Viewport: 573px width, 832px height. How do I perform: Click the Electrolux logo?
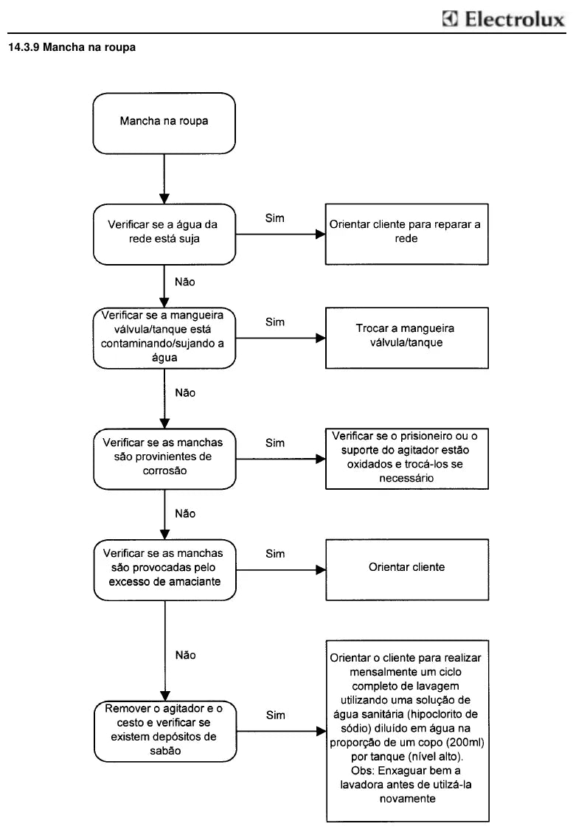[504, 19]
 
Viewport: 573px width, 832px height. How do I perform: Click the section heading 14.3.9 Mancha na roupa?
[72, 47]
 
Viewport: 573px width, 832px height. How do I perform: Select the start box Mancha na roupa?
[164, 124]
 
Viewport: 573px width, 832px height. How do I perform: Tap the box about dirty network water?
[164, 234]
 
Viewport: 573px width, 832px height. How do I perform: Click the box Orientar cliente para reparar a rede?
[406, 234]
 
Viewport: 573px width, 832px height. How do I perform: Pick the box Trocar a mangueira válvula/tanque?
[406, 338]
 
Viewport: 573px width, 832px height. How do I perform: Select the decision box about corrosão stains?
[164, 459]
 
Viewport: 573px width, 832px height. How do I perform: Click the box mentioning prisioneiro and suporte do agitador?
[406, 459]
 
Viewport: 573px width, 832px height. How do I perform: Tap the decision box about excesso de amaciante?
[164, 570]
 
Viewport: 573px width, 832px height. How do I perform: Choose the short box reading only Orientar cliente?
[407, 570]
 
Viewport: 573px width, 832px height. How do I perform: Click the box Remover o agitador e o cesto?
[165, 732]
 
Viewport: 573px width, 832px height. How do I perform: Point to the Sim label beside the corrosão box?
[275, 443]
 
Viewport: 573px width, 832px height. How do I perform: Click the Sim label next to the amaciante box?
[275, 554]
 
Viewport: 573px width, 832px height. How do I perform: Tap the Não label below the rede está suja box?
[184, 282]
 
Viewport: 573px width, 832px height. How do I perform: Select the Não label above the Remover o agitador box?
[185, 655]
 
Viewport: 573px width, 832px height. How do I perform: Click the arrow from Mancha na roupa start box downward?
[164, 178]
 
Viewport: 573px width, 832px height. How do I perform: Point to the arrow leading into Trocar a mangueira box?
[281, 338]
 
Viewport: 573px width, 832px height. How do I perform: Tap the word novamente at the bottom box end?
[408, 799]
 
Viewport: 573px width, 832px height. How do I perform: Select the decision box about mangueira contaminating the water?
[164, 338]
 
